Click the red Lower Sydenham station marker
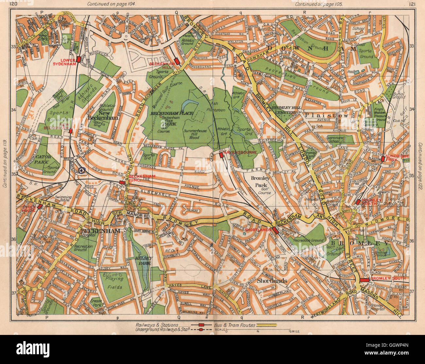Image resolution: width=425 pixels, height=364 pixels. coord(79,59)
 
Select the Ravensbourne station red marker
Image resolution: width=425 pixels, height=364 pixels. coord(222,155)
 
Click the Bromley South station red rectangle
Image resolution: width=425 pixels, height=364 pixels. coord(364,280)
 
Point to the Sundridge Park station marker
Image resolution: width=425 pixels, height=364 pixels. coord(382,159)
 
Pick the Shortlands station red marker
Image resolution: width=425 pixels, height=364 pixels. coord(275,230)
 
